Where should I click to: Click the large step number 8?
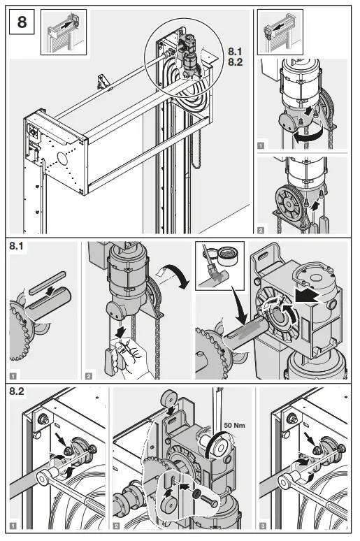coord(22,22)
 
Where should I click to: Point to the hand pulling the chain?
coord(127,347)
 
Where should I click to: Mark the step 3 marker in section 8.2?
coord(263,524)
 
